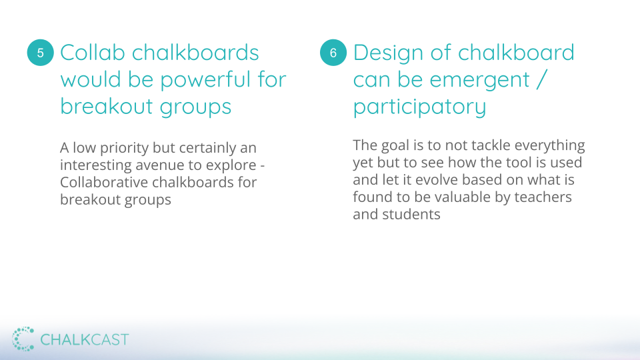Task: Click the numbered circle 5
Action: pos(41,53)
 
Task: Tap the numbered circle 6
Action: pos(333,53)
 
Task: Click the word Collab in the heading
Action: pos(93,53)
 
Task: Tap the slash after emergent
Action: pos(541,79)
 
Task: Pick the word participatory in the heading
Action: pos(419,107)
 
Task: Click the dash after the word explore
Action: pos(262,167)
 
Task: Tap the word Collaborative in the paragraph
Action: pos(104,182)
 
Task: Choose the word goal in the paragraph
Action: pos(395,146)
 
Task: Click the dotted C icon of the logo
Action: pos(23,339)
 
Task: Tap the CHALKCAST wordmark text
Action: pos(85,339)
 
